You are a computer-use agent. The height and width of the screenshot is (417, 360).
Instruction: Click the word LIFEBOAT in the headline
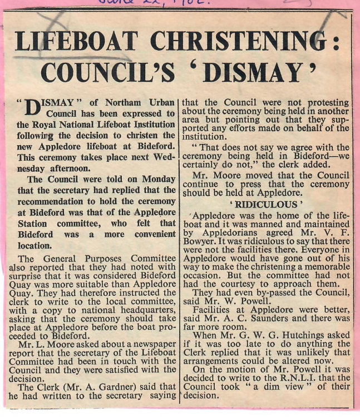tap(77, 42)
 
